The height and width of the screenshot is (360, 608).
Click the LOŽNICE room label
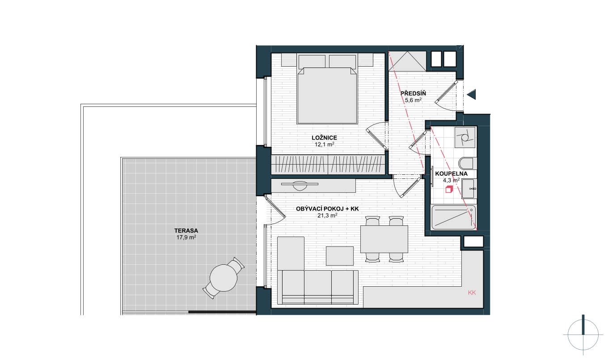coord(324,138)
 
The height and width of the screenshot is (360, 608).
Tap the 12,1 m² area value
coord(324,144)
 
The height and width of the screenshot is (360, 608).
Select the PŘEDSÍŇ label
coord(413,93)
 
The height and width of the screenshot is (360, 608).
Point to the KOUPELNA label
coord(452,174)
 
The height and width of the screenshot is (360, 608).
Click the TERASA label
coord(186,231)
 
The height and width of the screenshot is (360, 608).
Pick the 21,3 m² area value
coord(327,216)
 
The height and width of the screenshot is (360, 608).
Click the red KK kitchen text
coord(472,292)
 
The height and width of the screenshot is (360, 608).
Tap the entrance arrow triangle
coord(472,94)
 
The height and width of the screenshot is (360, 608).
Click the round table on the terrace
coord(224,278)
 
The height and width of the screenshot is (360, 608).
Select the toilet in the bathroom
coord(468,163)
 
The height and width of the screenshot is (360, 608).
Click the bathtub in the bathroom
coord(454,217)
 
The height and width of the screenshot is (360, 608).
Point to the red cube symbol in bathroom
coord(449,189)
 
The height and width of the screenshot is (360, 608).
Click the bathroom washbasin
coord(468,188)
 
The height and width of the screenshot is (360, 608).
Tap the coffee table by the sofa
coord(340,256)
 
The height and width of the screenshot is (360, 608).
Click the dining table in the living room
coord(384,239)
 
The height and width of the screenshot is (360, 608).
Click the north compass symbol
coord(583,335)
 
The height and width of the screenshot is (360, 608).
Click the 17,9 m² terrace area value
coord(186,238)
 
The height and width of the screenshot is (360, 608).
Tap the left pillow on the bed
coord(312,61)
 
